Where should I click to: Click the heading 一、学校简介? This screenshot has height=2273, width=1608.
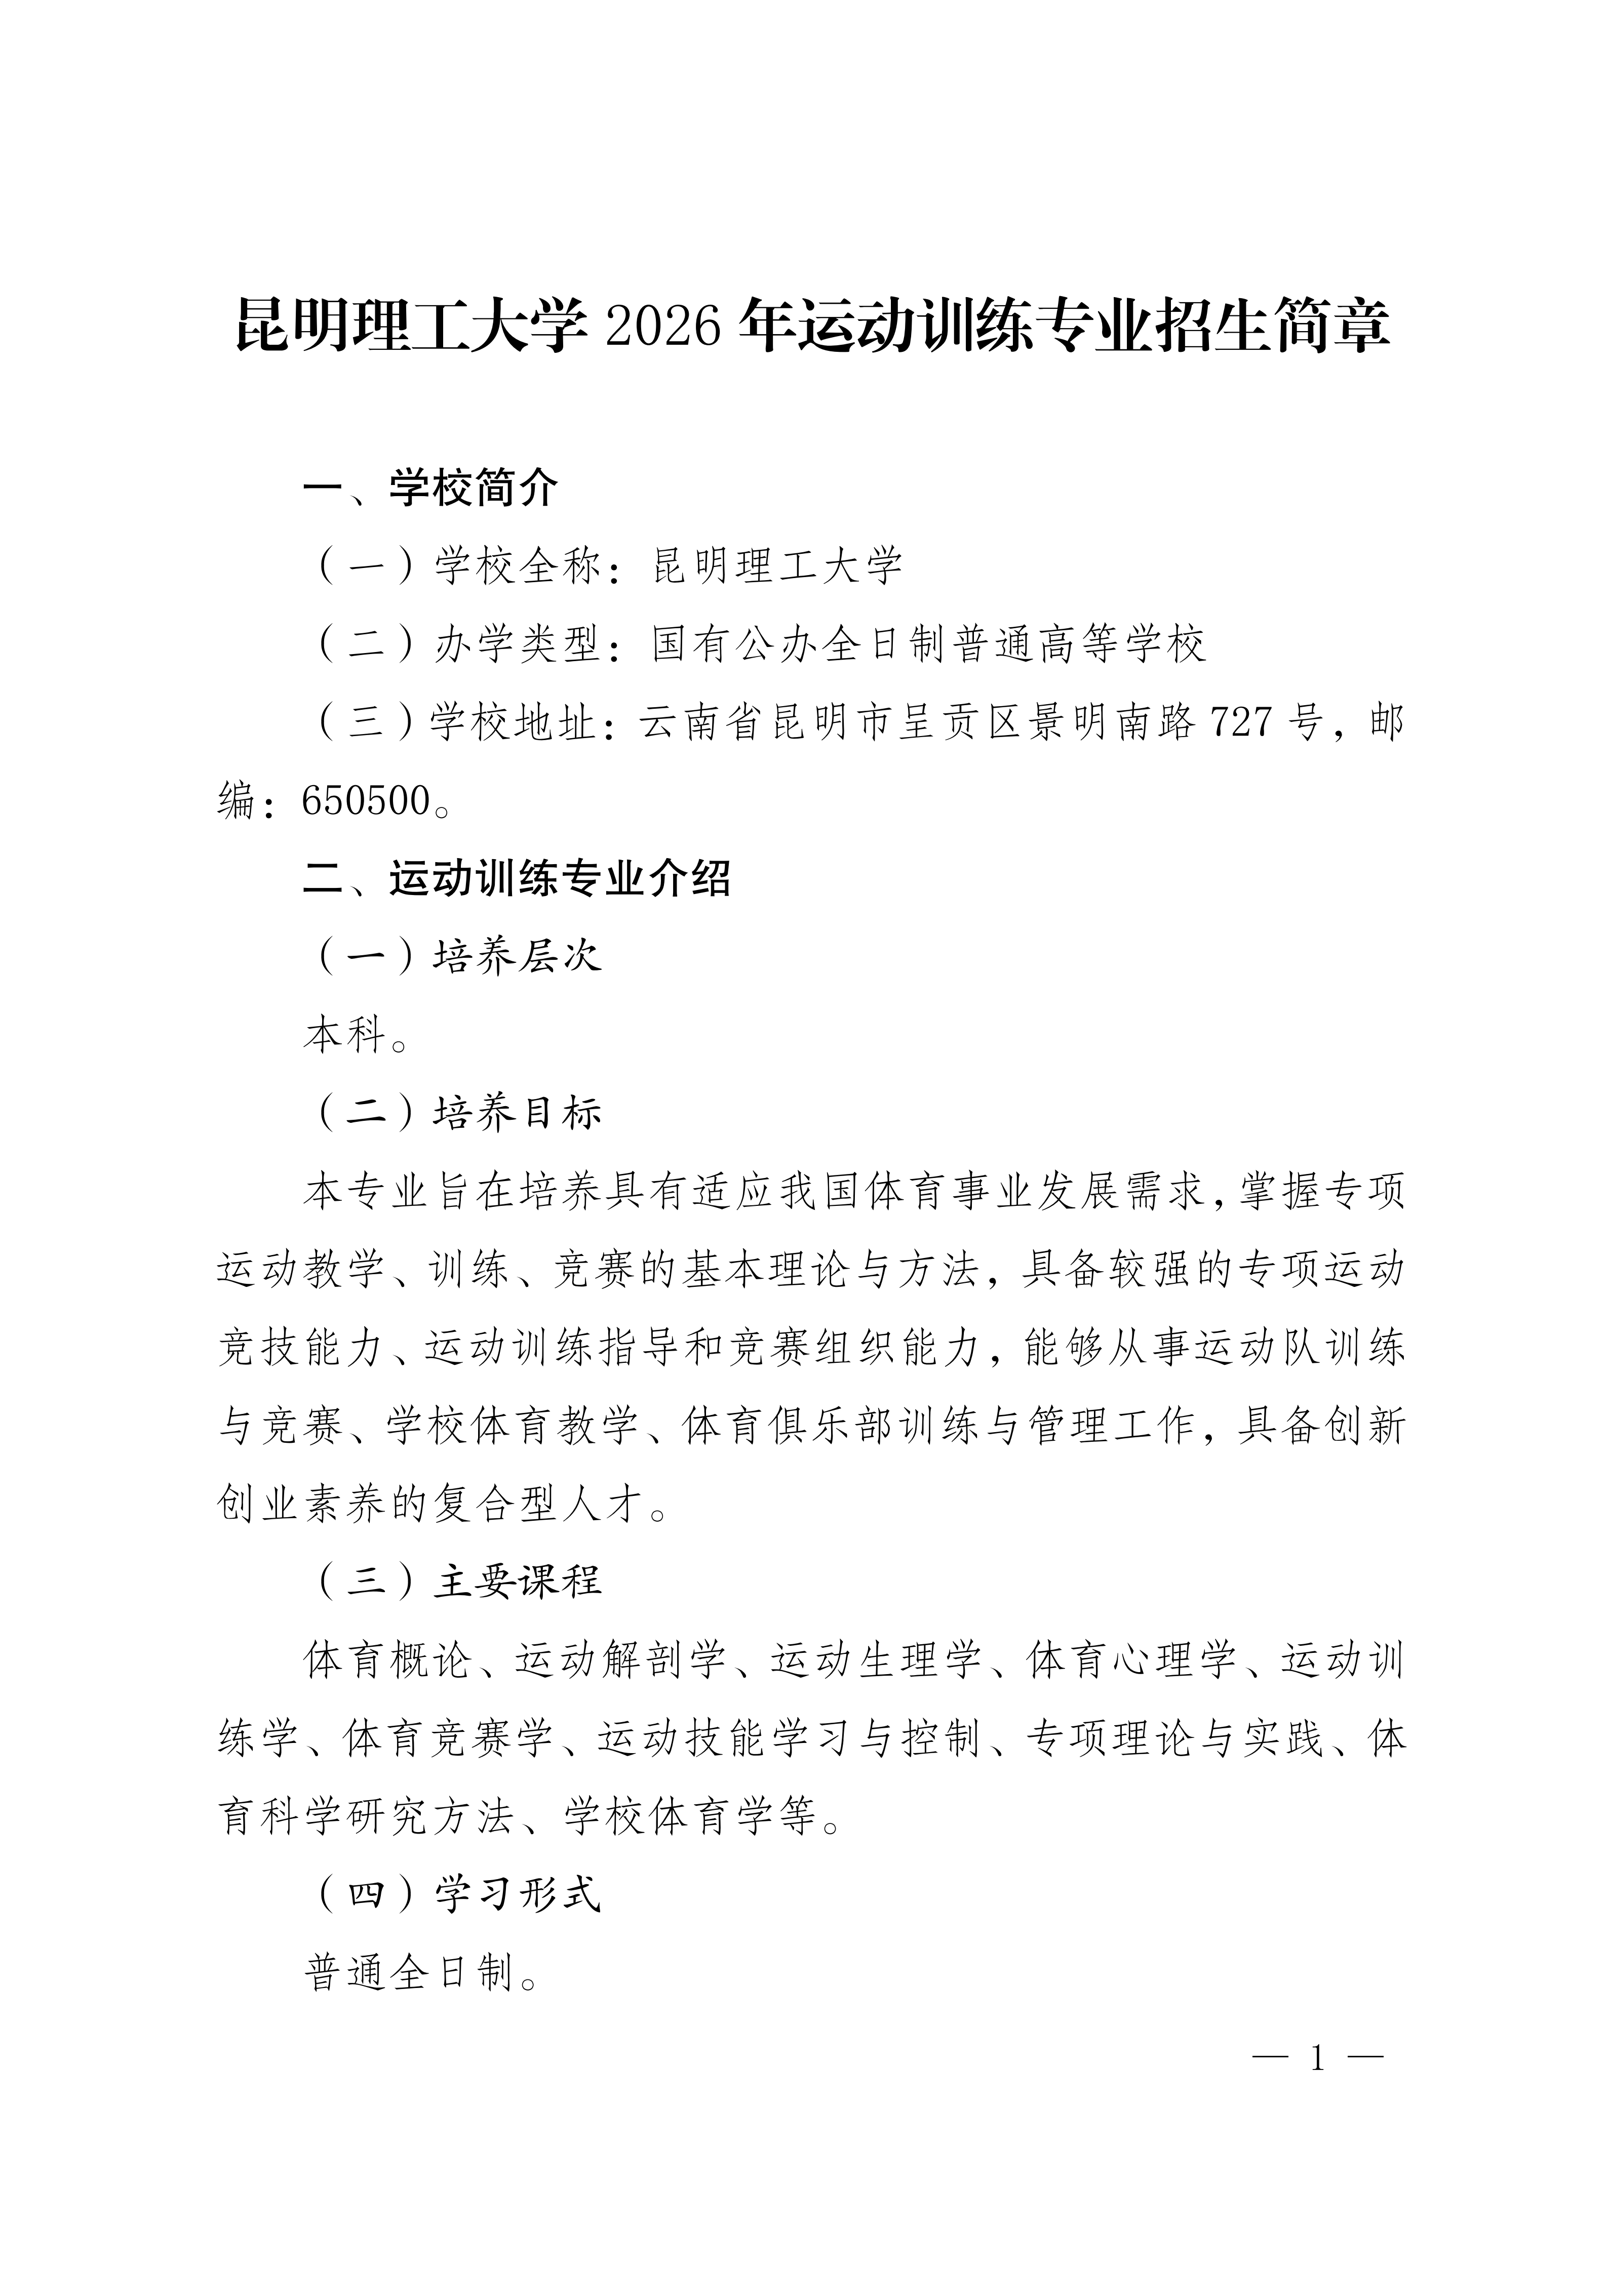[x=430, y=487]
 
